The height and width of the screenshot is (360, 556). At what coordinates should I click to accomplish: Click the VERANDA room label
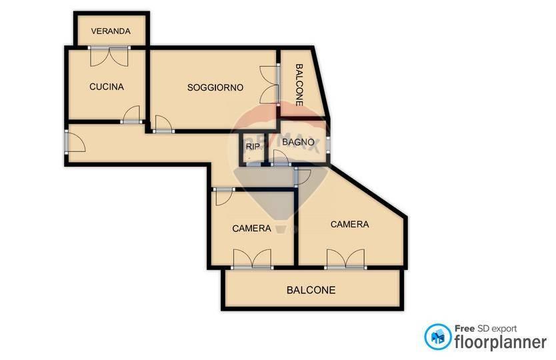111,31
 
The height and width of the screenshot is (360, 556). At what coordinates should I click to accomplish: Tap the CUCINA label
107,87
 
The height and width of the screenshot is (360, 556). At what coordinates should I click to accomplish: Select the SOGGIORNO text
215,87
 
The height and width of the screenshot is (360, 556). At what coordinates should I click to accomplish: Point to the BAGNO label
298,142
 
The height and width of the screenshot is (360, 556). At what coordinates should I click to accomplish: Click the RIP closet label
253,147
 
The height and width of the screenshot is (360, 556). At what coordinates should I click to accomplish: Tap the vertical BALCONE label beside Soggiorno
299,85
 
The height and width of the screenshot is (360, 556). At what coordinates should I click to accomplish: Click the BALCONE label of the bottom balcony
311,290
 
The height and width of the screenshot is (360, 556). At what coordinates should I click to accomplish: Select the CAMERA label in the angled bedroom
349,224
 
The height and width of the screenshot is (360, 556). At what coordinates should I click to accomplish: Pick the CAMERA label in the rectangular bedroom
252,229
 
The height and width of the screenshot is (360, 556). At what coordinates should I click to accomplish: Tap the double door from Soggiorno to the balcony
270,85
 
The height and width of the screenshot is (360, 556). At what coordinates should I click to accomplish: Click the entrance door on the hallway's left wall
75,142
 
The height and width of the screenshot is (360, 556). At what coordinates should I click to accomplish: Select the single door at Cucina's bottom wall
131,115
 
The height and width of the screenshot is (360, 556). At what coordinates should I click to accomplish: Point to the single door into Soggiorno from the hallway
163,124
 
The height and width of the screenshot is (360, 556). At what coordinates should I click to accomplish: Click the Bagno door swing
281,157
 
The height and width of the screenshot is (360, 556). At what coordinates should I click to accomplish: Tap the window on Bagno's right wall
328,145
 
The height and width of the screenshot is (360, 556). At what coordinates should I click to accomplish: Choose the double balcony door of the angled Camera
346,259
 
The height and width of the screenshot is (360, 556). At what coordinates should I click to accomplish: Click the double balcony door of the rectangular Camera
252,259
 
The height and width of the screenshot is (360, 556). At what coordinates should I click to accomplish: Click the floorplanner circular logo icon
438,337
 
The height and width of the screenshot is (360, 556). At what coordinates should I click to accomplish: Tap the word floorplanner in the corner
501,342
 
